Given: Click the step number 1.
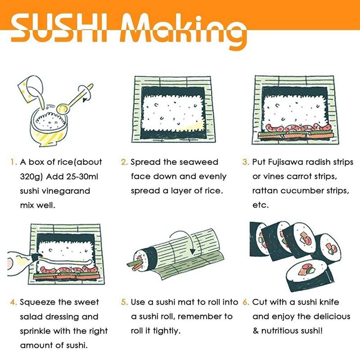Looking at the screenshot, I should [x=14, y=162].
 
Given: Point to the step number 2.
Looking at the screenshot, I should [x=124, y=162].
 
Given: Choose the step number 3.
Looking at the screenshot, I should [x=246, y=162].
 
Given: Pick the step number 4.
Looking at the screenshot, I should [x=14, y=302].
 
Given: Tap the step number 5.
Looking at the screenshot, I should [x=124, y=302].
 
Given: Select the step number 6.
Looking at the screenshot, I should [x=246, y=302].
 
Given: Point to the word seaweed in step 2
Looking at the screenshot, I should [x=198, y=162].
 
